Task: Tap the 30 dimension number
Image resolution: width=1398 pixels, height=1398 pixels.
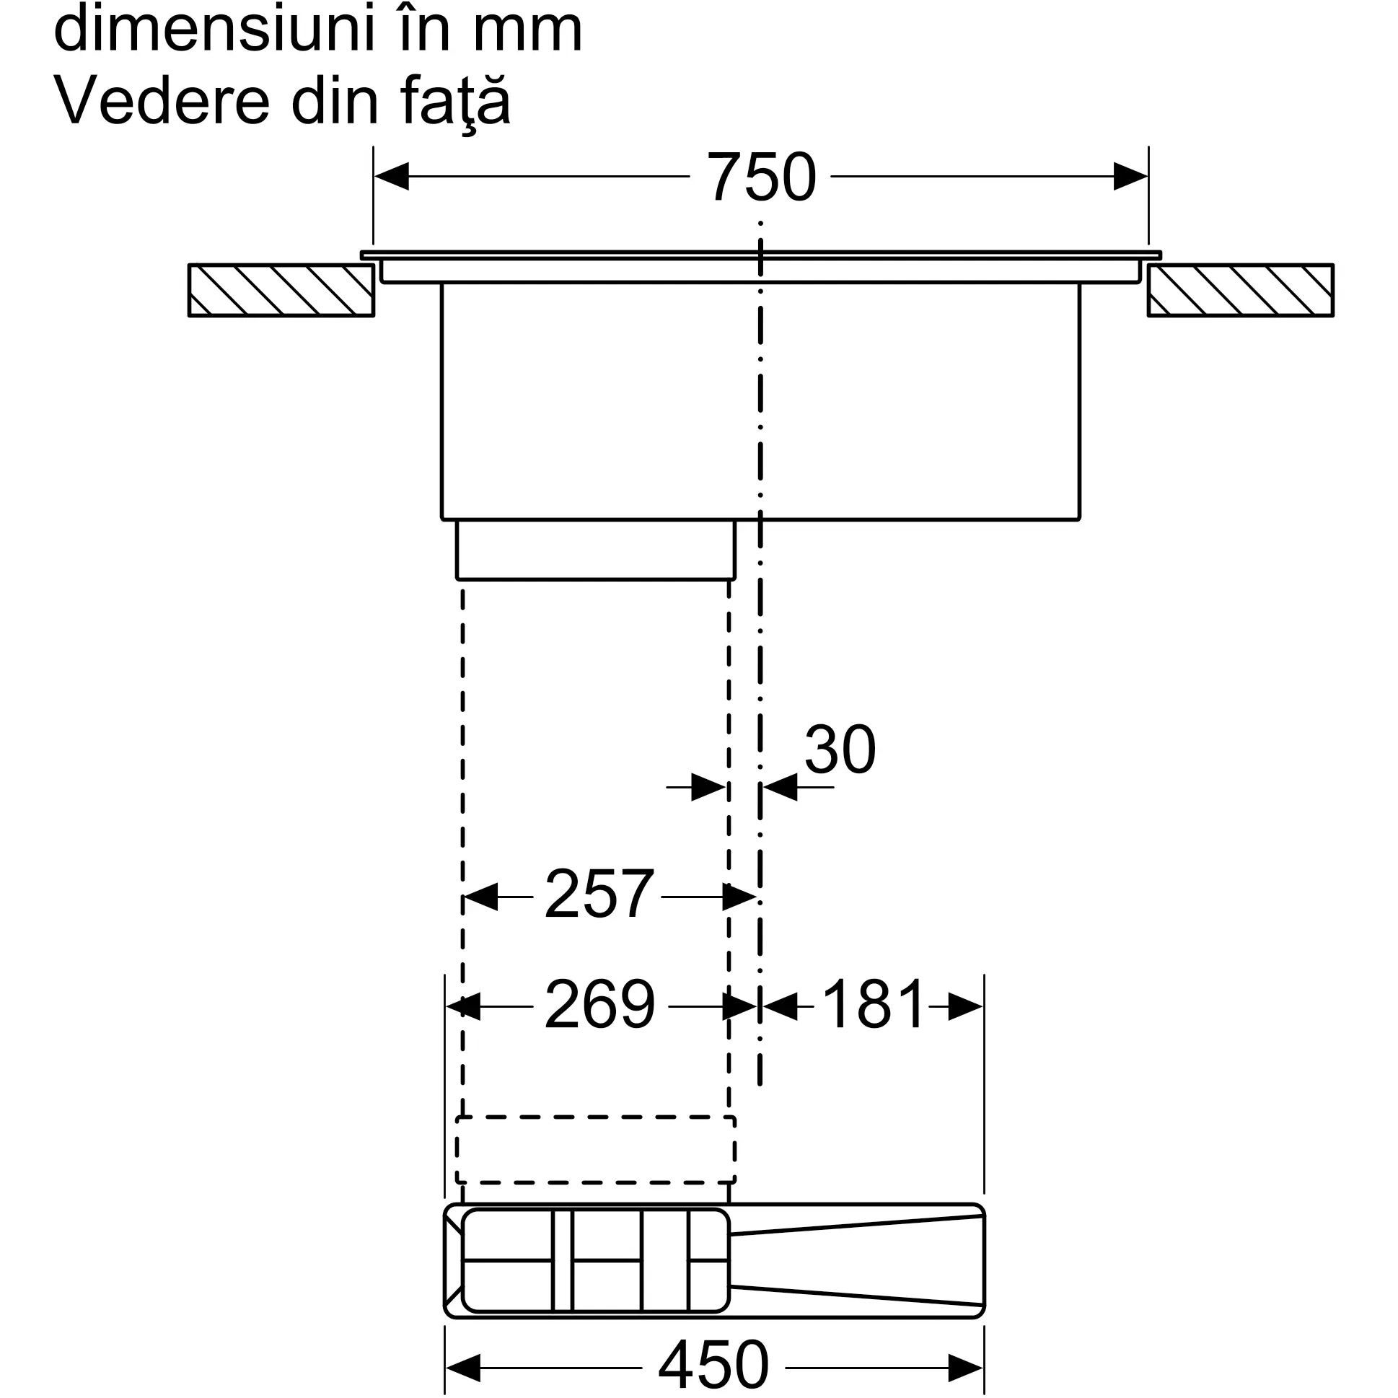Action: click(x=840, y=750)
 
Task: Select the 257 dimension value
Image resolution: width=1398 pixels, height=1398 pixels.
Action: click(x=599, y=896)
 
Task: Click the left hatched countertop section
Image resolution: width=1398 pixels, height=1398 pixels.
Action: click(x=281, y=290)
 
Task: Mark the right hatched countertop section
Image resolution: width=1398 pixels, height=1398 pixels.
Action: click(x=1240, y=290)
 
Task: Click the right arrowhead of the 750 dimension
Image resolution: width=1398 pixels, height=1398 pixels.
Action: click(x=1130, y=177)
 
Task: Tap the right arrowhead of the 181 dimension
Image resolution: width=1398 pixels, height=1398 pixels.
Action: click(x=965, y=1006)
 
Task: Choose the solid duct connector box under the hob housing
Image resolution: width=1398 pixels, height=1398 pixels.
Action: click(x=596, y=550)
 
